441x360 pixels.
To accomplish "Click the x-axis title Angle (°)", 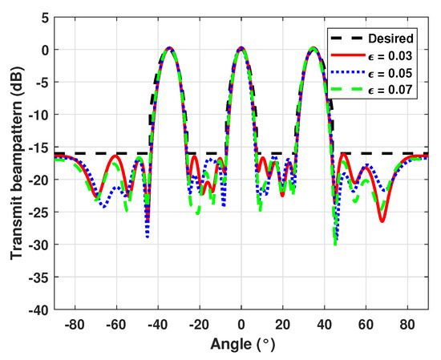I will click(x=241, y=345).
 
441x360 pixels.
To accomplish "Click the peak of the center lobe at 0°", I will click(x=241, y=48).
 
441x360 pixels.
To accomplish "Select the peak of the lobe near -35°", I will click(x=169, y=48).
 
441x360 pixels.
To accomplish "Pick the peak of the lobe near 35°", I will click(x=314, y=48).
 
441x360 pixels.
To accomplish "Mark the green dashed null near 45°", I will click(x=335, y=243).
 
